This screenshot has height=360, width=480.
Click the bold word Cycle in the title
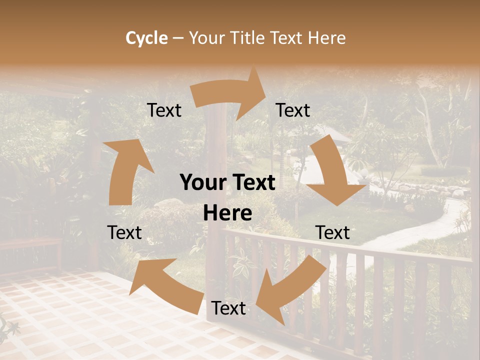pyautogui.click(x=146, y=38)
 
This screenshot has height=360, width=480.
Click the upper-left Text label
pyautogui.click(x=164, y=110)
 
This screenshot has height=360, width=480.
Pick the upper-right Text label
pyautogui.click(x=293, y=110)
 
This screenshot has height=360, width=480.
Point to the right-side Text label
pyautogui.click(x=332, y=232)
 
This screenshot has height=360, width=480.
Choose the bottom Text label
pyautogui.click(x=228, y=308)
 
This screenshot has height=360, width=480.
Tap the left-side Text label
pyautogui.click(x=124, y=232)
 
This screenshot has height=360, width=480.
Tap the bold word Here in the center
pyautogui.click(x=227, y=213)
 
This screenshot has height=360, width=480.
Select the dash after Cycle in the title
pyautogui.click(x=178, y=38)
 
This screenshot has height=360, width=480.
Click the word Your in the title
pyautogui.click(x=206, y=38)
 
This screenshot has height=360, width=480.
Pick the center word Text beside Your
pyautogui.click(x=252, y=183)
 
